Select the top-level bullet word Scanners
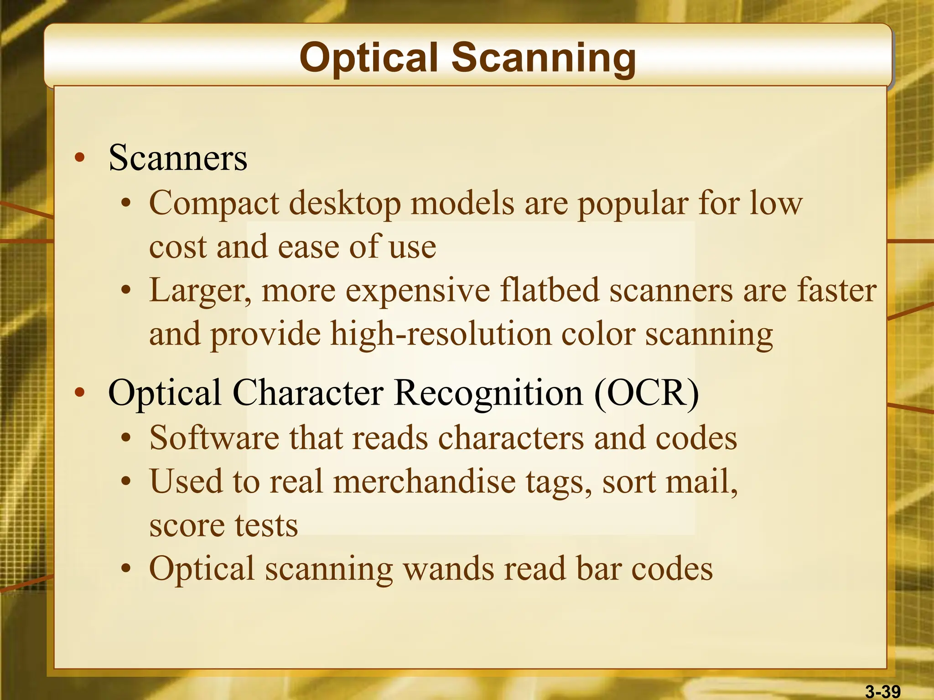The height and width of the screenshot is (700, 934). click(x=178, y=158)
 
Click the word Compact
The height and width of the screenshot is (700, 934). click(x=214, y=204)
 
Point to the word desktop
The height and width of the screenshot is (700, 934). click(x=345, y=204)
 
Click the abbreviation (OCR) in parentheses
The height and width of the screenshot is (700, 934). click(x=646, y=393)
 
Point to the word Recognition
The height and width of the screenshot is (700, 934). click(x=488, y=393)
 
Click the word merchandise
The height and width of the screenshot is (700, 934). click(x=424, y=482)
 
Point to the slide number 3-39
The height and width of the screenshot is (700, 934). click(x=883, y=692)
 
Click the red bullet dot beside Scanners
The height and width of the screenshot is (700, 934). click(x=80, y=158)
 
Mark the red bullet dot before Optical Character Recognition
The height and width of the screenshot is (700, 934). click(x=80, y=393)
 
